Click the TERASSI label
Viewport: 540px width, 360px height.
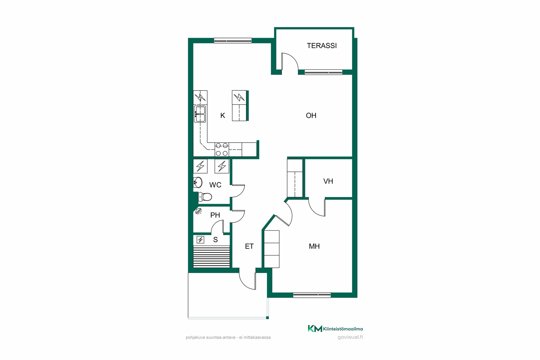[322, 46]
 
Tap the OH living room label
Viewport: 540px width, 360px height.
[311, 116]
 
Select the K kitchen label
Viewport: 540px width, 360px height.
[223, 116]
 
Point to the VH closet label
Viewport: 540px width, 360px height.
[328, 181]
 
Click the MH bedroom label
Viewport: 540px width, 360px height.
[314, 246]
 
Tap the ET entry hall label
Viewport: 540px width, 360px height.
[249, 246]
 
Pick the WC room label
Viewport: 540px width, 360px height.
[215, 185]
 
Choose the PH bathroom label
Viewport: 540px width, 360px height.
[215, 215]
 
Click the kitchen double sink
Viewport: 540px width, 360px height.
[200, 114]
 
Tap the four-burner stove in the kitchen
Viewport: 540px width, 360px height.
[222, 149]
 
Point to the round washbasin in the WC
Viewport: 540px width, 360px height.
[198, 183]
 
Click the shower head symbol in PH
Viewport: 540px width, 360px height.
[199, 211]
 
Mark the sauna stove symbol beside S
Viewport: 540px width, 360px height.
[201, 240]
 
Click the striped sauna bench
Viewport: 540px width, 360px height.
[212, 256]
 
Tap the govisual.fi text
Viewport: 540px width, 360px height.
[350, 337]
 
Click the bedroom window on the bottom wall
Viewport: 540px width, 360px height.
[312, 295]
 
